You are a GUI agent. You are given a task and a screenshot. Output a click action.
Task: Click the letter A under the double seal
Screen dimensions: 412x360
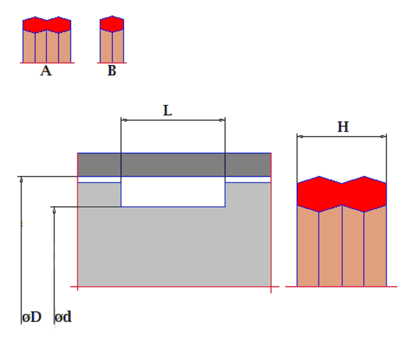(46, 71)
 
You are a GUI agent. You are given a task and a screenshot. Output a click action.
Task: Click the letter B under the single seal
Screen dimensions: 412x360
(112, 70)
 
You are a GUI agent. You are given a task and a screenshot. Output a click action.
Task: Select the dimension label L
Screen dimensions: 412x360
(167, 110)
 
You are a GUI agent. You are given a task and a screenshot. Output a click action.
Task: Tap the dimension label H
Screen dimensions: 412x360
(343, 127)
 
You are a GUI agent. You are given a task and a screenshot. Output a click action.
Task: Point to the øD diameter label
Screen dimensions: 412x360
(32, 317)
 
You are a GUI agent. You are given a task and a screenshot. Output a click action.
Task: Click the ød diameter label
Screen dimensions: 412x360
(63, 316)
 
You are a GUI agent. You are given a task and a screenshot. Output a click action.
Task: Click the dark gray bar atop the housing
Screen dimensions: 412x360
(174, 165)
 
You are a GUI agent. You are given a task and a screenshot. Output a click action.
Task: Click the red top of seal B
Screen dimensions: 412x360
(112, 24)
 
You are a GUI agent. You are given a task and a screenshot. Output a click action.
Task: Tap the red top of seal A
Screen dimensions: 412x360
(47, 25)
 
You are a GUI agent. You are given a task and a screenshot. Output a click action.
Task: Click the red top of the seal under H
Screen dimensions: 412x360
(342, 194)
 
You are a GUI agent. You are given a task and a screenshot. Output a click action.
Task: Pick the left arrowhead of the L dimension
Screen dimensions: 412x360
(124, 120)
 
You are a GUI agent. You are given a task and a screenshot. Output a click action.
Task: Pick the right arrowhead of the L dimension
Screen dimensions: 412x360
(222, 120)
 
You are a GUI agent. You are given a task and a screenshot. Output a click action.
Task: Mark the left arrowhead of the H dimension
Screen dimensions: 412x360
(301, 136)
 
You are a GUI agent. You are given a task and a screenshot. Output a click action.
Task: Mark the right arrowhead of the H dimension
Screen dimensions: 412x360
(383, 136)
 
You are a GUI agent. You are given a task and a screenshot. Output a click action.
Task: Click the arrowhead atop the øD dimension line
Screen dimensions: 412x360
(21, 180)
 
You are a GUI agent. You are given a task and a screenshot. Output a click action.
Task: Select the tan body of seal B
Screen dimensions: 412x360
(112, 46)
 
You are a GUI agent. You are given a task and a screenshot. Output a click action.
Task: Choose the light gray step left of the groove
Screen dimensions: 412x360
(99, 195)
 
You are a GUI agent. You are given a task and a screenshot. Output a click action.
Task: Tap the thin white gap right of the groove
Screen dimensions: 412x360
(248, 180)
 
